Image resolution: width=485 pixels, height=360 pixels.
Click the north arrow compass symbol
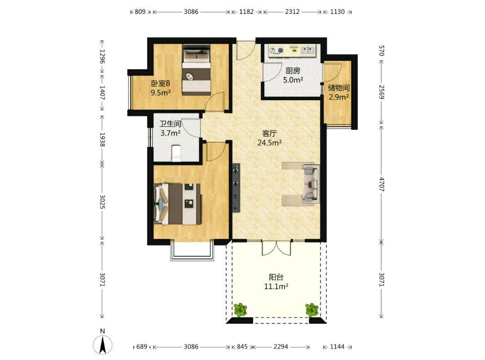(103, 345)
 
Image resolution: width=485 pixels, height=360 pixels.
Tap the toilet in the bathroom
(176, 153)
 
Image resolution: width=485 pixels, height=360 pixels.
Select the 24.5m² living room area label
(269, 143)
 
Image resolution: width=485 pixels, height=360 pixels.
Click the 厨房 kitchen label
(293, 70)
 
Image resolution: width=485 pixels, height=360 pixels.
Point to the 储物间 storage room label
(339, 88)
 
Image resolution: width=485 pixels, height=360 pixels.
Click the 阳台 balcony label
(276, 277)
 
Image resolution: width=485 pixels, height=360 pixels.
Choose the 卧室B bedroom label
(160, 83)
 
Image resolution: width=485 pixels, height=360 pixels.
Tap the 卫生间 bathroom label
(170, 124)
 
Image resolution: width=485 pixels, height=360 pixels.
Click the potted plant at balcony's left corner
(240, 310)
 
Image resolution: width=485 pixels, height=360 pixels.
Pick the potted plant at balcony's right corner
(312, 310)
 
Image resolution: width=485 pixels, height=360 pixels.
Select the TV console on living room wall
(236, 188)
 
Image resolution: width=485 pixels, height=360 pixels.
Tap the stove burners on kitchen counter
(276, 50)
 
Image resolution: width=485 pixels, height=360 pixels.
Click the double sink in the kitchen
(308, 50)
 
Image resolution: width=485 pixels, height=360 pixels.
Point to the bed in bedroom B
(196, 70)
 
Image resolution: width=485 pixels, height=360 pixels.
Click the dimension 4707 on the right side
(381, 184)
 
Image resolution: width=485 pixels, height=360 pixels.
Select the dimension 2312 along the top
(292, 12)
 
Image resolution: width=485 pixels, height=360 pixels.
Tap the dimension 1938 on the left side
(102, 140)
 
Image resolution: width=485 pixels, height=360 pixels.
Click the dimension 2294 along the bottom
(281, 347)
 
